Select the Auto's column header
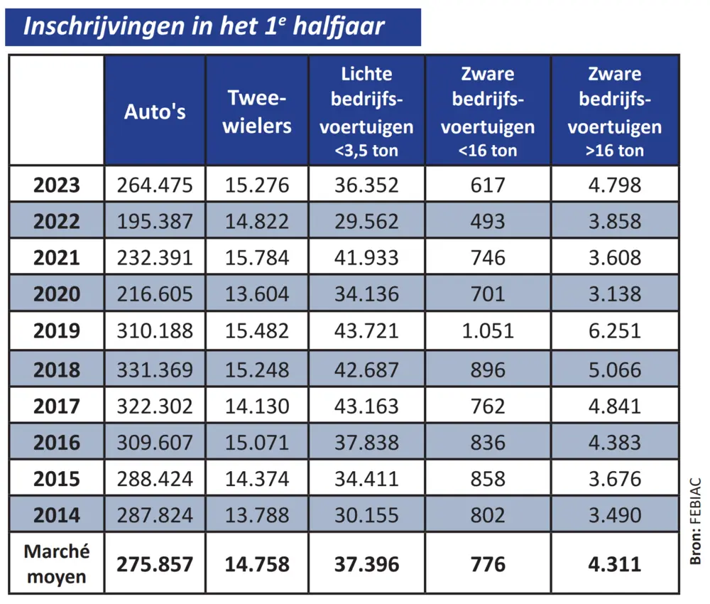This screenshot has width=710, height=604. coord(155,112)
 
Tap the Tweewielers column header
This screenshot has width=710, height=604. coord(257,112)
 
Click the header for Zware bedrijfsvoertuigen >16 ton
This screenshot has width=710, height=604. coord(615,112)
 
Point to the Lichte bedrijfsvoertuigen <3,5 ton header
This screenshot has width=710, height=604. coord(366,112)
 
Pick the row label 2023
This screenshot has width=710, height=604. coord(57,186)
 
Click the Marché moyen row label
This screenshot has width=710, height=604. coord(57,564)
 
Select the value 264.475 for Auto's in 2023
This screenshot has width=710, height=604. coord(155,186)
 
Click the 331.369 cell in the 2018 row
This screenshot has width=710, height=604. coord(155,370)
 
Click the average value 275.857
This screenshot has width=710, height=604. coord(155,565)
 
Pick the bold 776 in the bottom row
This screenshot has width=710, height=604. coord(488,565)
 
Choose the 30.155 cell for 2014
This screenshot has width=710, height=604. coord(366,515)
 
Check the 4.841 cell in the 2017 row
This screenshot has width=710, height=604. coord(615,406)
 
